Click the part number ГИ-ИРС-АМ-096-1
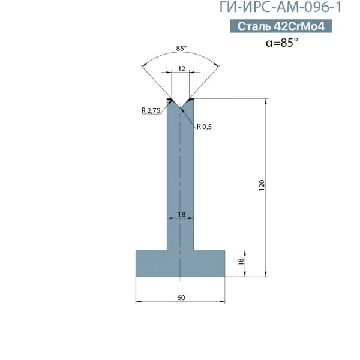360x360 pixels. click(x=281, y=7)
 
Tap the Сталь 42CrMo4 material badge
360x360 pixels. click(x=281, y=26)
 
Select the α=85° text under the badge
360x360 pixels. click(x=282, y=43)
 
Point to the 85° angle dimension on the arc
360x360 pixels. click(x=181, y=49)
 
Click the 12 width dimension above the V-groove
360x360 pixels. click(x=181, y=68)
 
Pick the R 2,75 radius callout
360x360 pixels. click(x=151, y=110)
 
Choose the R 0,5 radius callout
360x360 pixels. click(x=204, y=127)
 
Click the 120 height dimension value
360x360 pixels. click(x=262, y=185)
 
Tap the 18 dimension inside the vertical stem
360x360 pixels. click(x=181, y=214)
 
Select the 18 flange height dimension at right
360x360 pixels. click(x=241, y=262)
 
